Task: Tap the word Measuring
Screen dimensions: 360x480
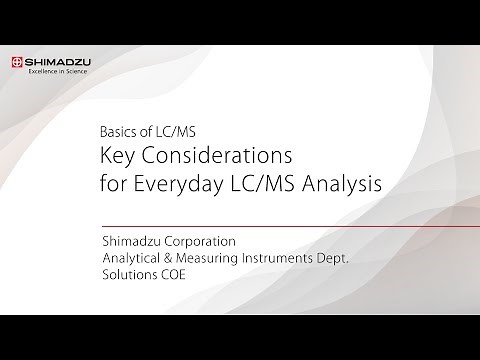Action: point(217,259)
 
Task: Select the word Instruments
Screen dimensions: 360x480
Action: point(296,259)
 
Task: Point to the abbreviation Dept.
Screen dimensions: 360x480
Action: point(354,259)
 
